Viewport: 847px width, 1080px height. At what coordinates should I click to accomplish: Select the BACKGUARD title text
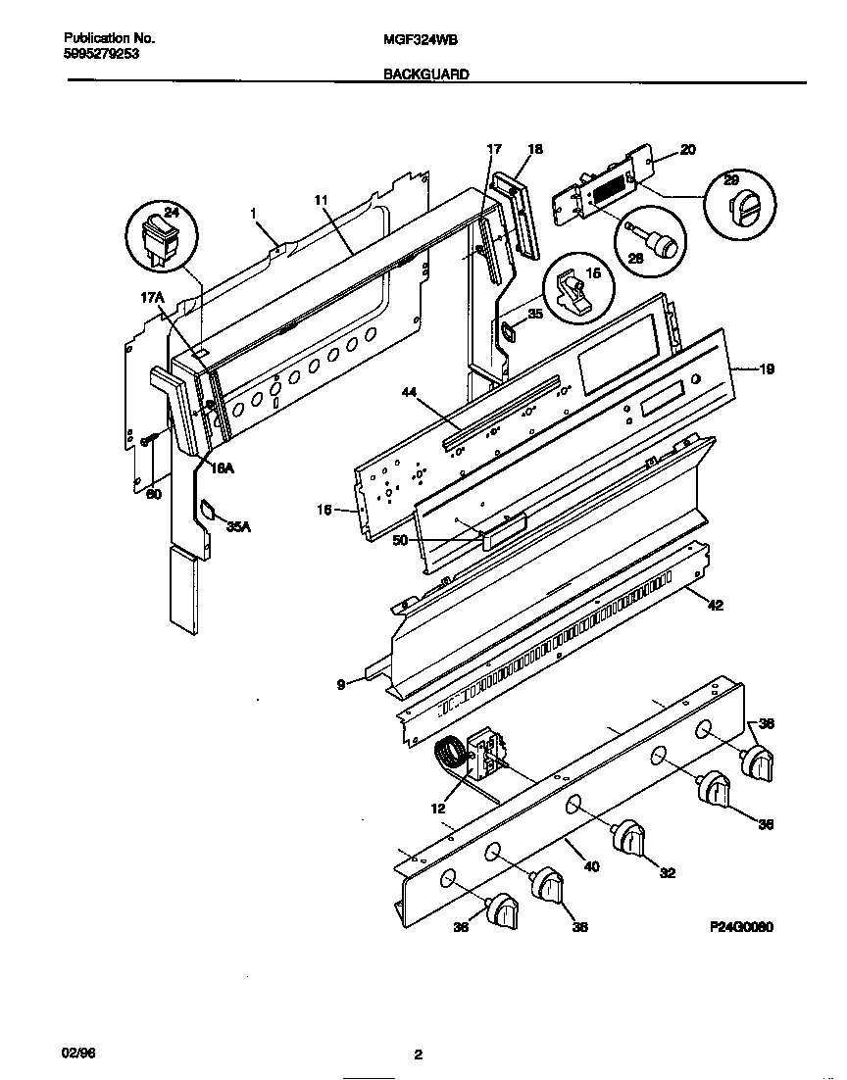425,74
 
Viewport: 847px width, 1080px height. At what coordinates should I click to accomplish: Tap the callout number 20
687,150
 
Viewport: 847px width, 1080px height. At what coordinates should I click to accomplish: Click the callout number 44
410,392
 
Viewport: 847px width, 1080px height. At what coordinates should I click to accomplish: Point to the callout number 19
767,369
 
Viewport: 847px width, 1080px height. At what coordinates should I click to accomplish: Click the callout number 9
341,686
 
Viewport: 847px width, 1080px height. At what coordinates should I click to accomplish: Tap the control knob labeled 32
630,840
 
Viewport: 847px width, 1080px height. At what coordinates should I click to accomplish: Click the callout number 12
437,809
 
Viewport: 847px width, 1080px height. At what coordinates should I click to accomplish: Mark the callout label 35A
239,526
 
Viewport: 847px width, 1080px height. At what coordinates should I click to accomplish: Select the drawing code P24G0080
740,926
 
